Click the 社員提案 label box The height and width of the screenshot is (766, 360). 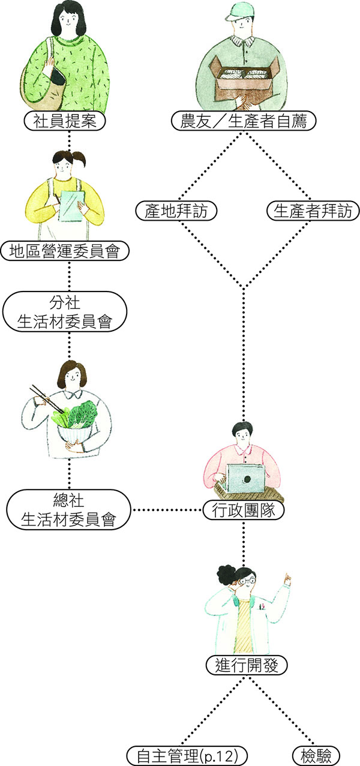click(x=64, y=121)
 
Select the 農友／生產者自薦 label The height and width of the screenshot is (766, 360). click(x=244, y=121)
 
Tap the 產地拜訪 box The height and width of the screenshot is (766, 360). click(x=176, y=211)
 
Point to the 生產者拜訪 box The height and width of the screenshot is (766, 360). click(x=313, y=211)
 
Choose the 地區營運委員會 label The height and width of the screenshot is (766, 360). click(x=65, y=251)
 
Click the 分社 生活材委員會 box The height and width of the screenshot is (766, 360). click(x=65, y=311)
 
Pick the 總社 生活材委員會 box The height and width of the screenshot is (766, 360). click(x=68, y=509)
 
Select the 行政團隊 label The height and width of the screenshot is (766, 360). click(x=244, y=510)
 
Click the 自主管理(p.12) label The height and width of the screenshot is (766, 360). click(x=187, y=756)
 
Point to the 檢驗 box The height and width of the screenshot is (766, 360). click(x=316, y=756)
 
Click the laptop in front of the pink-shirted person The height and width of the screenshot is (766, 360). click(x=246, y=479)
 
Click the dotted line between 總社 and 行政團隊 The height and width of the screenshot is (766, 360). click(x=167, y=510)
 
